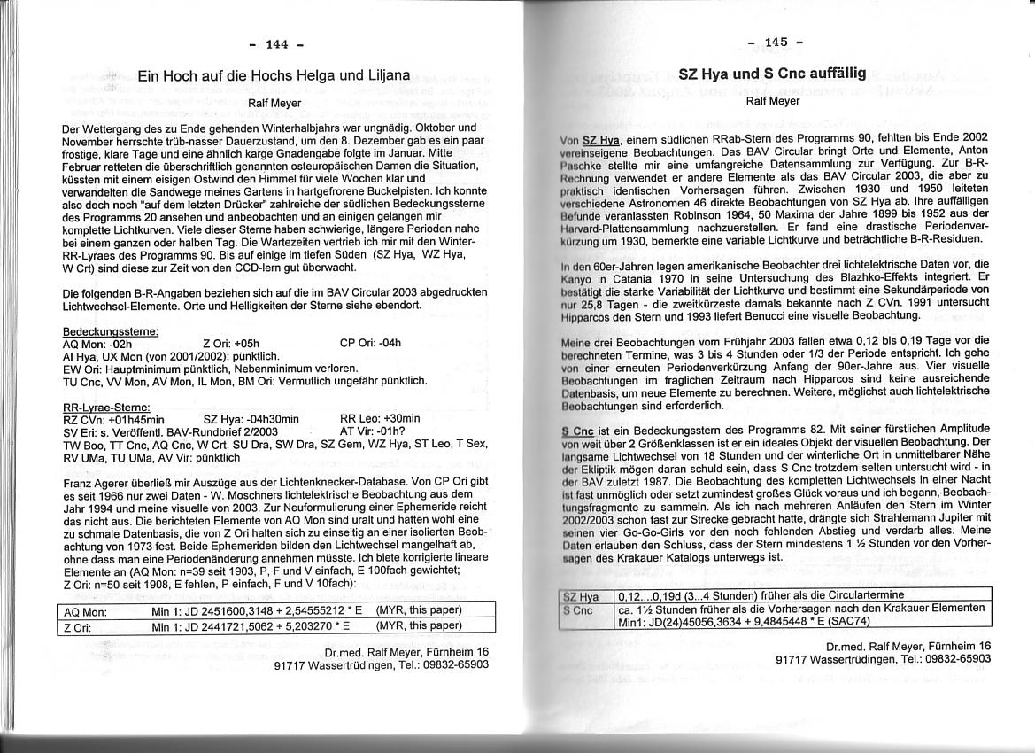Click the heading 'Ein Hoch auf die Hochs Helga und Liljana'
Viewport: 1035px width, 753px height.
click(274, 77)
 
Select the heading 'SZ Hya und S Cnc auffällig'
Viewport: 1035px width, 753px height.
click(771, 74)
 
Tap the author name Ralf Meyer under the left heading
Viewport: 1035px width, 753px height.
click(274, 103)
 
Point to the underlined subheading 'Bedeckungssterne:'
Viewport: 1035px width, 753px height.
click(111, 331)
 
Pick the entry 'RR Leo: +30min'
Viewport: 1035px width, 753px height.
click(380, 419)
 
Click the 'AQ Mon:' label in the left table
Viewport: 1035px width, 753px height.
click(85, 612)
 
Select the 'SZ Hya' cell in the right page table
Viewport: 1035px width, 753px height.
click(582, 596)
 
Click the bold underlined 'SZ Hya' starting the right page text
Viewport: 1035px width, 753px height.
click(601, 139)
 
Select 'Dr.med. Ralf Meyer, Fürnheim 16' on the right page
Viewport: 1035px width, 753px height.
click(908, 647)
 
